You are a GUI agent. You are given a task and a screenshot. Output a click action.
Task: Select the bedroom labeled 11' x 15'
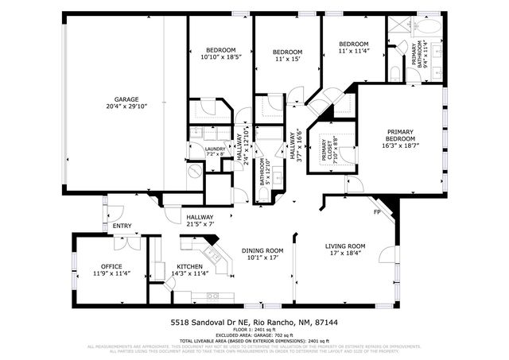coord(288,58)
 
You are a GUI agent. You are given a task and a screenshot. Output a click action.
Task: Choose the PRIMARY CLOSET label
coord(324,149)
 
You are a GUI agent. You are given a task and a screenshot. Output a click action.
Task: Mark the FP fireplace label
coord(377,213)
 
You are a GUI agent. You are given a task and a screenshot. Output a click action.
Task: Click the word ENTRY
coord(122,226)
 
